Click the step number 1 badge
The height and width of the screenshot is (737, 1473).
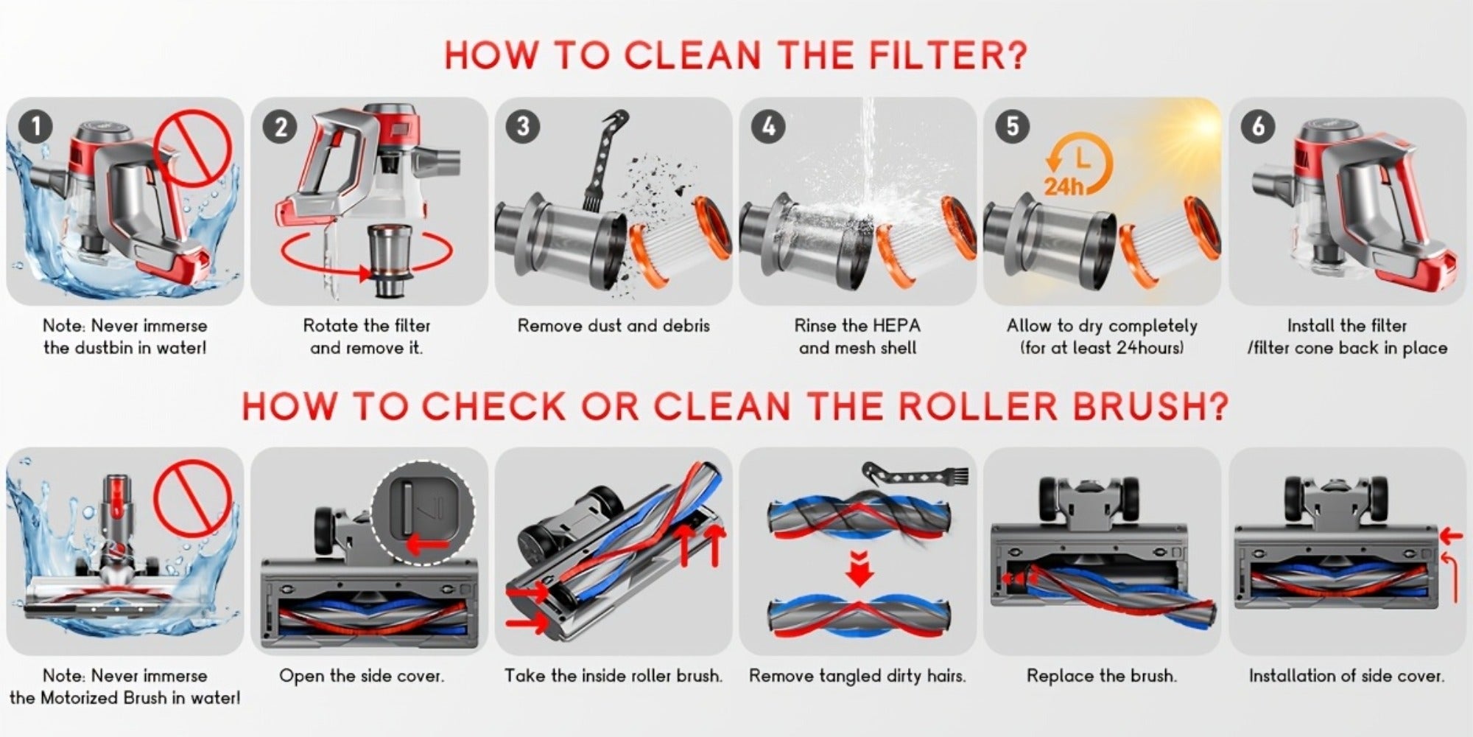35,126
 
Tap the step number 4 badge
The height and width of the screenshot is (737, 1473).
768,127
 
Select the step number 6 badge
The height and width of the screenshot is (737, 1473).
1258,127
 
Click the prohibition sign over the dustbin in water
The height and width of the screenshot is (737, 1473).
193,147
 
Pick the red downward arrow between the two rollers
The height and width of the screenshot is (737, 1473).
859,567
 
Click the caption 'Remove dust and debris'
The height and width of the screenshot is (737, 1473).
614,326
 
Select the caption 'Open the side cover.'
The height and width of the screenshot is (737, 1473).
362,676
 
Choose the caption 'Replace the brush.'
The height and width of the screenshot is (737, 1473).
1102,676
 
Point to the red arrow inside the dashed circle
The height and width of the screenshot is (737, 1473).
427,545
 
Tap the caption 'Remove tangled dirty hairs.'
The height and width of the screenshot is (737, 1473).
857,676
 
